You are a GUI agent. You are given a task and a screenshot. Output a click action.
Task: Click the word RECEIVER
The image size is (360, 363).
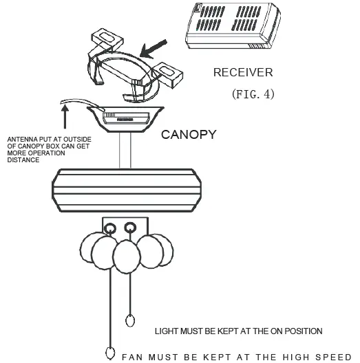click(x=242, y=72)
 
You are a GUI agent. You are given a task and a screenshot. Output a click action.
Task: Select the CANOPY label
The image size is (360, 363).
click(x=189, y=135)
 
